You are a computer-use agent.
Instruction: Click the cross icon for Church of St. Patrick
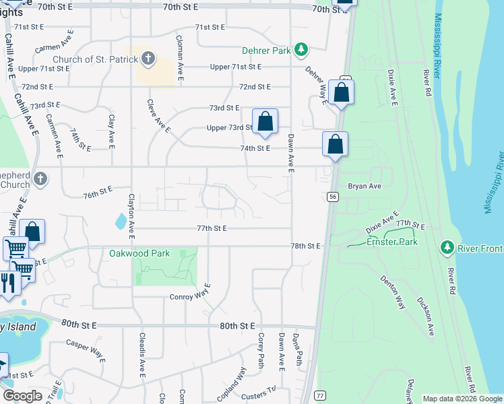pos(149,59)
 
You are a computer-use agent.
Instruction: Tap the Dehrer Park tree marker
pos(302,50)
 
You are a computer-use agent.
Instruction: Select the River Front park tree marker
pos(446,248)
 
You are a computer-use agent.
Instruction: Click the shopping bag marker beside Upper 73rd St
pos(265,122)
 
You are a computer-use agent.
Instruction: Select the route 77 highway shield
pos(320,395)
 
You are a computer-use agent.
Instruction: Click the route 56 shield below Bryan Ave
pos(333,196)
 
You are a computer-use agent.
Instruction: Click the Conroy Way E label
pos(191,296)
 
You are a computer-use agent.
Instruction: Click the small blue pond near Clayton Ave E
pos(121,220)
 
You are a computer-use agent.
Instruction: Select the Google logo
pos(23,396)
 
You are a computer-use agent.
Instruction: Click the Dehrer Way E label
pos(315,85)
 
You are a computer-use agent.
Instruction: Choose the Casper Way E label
pos(86,350)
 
